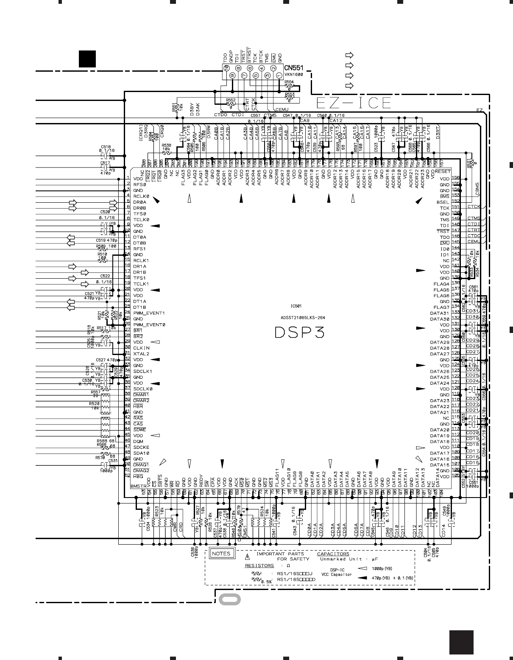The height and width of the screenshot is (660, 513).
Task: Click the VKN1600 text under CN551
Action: [293, 74]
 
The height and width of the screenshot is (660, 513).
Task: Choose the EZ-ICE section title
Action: [354, 103]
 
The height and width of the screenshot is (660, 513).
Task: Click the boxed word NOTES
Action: [221, 554]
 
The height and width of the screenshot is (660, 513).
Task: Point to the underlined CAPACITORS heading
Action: [333, 554]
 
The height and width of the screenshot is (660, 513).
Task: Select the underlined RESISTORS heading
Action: [259, 565]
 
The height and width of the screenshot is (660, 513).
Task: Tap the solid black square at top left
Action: [87, 59]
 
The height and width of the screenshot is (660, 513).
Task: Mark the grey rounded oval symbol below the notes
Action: [230, 599]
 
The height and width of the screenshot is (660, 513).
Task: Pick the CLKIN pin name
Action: [141, 348]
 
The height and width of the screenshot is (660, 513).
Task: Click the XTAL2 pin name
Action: [141, 354]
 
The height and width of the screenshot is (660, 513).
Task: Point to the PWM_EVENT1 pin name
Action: [149, 313]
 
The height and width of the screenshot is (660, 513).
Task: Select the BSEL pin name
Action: [443, 202]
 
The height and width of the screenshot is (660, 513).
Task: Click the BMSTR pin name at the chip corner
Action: [138, 486]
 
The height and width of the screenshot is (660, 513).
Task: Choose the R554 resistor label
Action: [289, 82]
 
